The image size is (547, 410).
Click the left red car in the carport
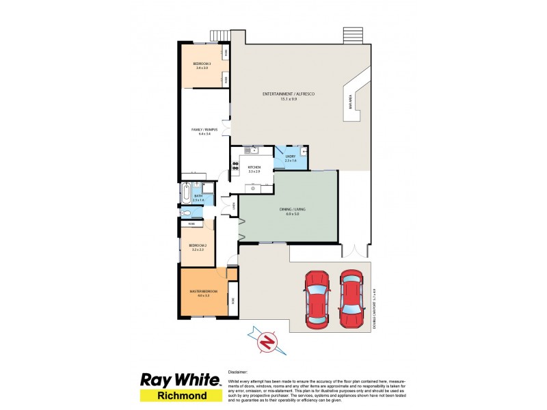(x=317, y=298)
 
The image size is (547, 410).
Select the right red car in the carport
(x=351, y=298)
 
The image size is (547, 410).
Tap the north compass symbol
(x=268, y=340)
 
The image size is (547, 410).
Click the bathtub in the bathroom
(x=186, y=194)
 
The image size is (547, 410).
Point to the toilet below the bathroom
(x=185, y=213)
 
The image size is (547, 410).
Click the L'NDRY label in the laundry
(x=291, y=156)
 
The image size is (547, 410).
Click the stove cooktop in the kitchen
(x=235, y=164)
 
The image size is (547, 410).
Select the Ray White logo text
(x=181, y=380)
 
